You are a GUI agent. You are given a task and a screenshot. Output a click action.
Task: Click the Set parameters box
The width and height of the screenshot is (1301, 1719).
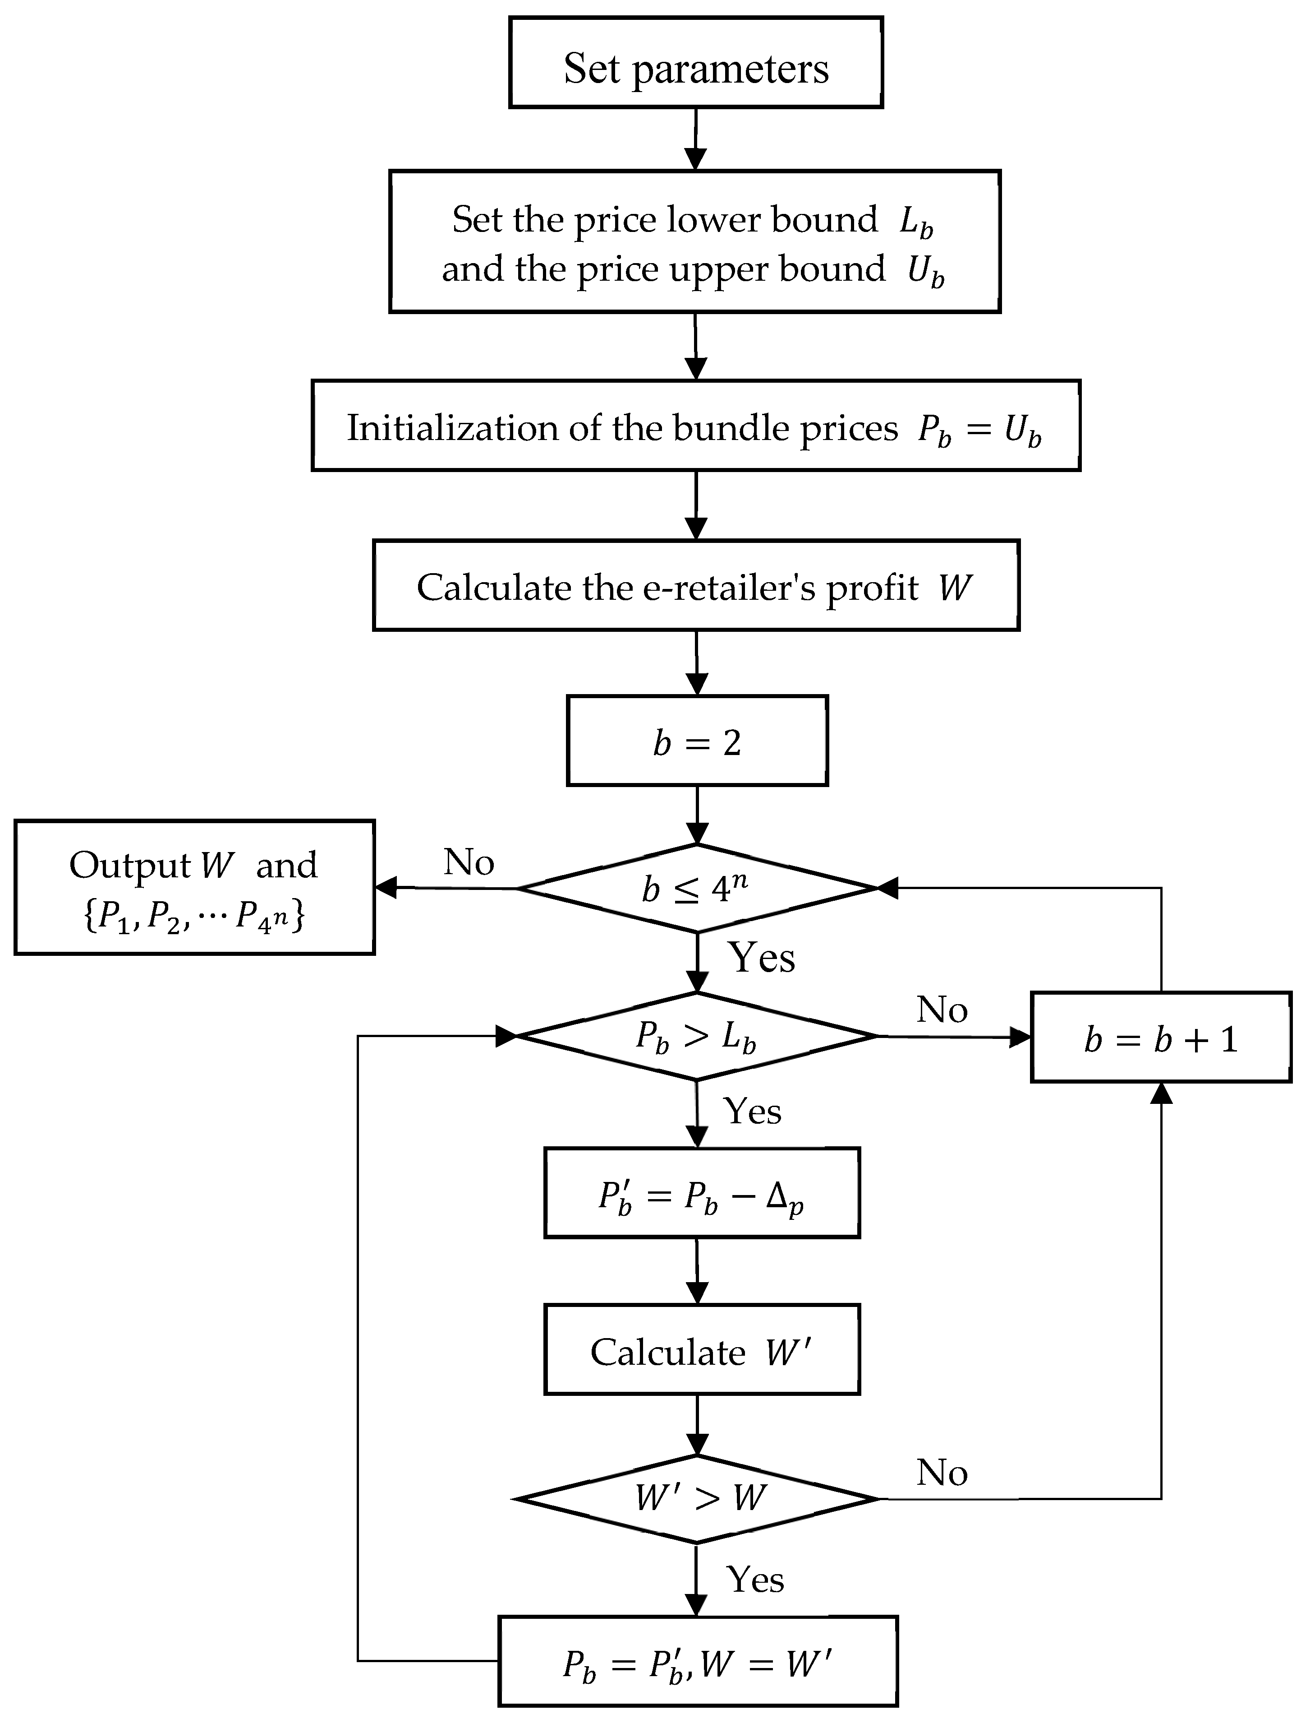pos(696,62)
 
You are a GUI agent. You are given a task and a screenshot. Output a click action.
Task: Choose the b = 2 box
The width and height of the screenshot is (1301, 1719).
pos(697,741)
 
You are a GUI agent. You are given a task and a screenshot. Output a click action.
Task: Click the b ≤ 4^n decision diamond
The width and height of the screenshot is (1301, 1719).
pos(697,887)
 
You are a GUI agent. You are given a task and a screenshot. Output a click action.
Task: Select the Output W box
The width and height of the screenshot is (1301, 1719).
pos(194,887)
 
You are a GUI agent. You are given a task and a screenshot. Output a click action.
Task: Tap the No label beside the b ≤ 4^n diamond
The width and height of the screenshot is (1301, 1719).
pos(469,862)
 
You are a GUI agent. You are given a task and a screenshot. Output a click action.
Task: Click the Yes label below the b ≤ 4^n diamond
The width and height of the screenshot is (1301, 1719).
pos(761,957)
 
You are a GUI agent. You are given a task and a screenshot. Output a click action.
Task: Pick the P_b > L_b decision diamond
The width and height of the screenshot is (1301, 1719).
pos(697,1036)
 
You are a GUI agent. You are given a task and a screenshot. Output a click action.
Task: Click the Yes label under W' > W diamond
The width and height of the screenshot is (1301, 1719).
pos(755,1579)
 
